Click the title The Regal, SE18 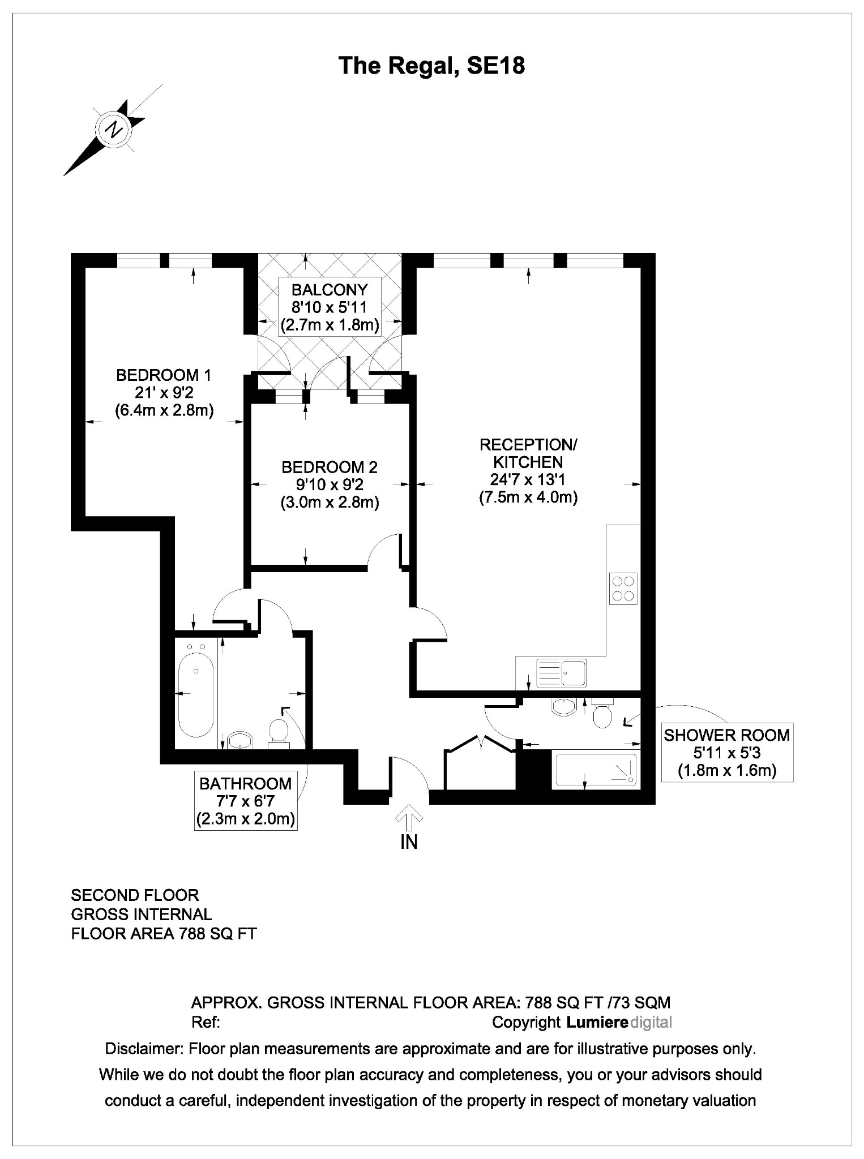pos(431,66)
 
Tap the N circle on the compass pos(115,130)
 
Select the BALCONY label pos(329,290)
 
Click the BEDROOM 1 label pos(164,375)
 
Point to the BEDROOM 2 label pos(329,467)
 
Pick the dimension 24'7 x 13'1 pos(528,480)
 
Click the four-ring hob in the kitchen pos(623,589)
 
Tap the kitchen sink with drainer pos(561,673)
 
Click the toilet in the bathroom pos(278,732)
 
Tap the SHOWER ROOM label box pos(726,752)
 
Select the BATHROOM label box pos(245,801)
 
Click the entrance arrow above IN pos(409,819)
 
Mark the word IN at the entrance pos(409,842)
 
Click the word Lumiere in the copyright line pos(597,1022)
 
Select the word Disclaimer pos(144,1049)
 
